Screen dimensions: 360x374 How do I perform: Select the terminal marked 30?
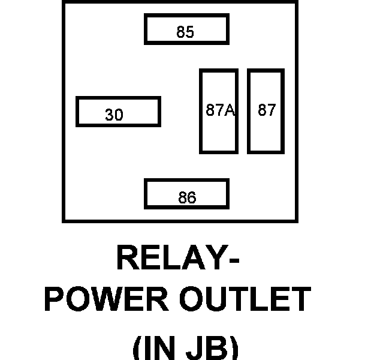(x=118, y=112)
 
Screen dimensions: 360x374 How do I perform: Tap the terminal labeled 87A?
(x=219, y=111)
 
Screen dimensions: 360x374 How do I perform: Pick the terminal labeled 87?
(x=266, y=111)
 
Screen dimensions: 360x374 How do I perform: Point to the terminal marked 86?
(x=186, y=194)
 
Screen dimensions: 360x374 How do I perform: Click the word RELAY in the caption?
(x=171, y=259)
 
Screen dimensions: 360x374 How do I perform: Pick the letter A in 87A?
(x=228, y=110)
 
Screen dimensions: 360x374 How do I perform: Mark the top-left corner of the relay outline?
(x=64, y=2)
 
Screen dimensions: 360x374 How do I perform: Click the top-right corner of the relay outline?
(x=296, y=2)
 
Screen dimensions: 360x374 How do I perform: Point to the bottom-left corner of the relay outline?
(x=64, y=221)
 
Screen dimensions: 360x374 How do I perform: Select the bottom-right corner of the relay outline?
(x=296, y=221)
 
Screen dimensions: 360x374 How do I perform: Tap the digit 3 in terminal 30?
(x=109, y=115)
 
